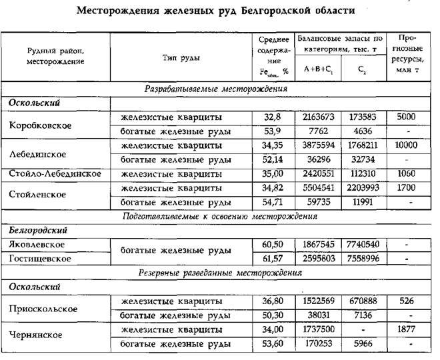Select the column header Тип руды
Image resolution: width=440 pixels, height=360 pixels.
[182, 57]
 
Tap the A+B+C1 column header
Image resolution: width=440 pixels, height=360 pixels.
[316, 68]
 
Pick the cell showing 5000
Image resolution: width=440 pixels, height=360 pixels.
[406, 117]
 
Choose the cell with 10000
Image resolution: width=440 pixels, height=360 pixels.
[406, 145]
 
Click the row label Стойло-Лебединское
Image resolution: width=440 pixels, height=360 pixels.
[55, 173]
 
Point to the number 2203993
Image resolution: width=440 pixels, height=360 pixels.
[362, 187]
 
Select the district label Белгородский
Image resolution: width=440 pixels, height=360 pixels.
[41, 229]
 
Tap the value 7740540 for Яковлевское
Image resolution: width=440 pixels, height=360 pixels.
[362, 244]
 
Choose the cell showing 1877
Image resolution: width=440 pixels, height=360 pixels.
[406, 329]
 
